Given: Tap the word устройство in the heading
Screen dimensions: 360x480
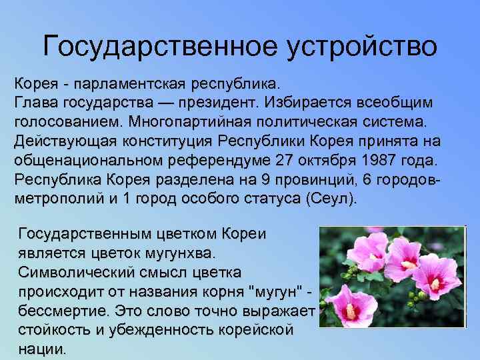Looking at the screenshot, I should [x=363, y=47].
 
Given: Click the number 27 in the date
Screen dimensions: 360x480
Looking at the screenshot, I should [x=285, y=161].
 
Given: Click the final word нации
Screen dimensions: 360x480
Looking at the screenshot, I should [x=42, y=349].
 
